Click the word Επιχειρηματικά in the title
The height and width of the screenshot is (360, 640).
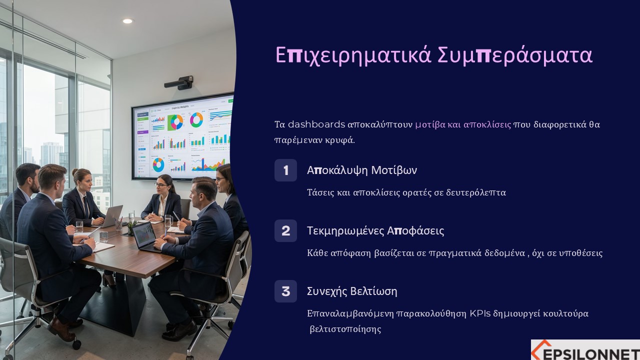pyautogui.click(x=353, y=55)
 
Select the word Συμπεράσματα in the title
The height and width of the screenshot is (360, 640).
pyautogui.click(x=515, y=55)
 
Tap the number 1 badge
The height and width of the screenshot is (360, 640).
pyautogui.click(x=285, y=170)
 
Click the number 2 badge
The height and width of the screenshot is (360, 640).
pyautogui.click(x=285, y=231)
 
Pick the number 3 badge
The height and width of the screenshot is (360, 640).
pyautogui.click(x=285, y=291)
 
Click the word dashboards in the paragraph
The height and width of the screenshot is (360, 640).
pyautogui.click(x=316, y=124)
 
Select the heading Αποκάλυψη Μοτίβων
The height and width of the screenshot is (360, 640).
pyautogui.click(x=362, y=170)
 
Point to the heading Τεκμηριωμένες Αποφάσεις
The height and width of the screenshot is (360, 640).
pyautogui.click(x=375, y=231)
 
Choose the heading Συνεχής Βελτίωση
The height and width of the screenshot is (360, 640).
pyautogui.click(x=352, y=291)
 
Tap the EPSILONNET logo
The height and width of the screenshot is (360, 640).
pyautogui.click(x=585, y=349)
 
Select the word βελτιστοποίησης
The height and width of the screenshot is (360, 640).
pyautogui.click(x=345, y=329)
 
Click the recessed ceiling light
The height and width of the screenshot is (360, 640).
pyautogui.click(x=127, y=21)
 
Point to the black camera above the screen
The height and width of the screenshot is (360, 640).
pyautogui.click(x=179, y=83)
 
